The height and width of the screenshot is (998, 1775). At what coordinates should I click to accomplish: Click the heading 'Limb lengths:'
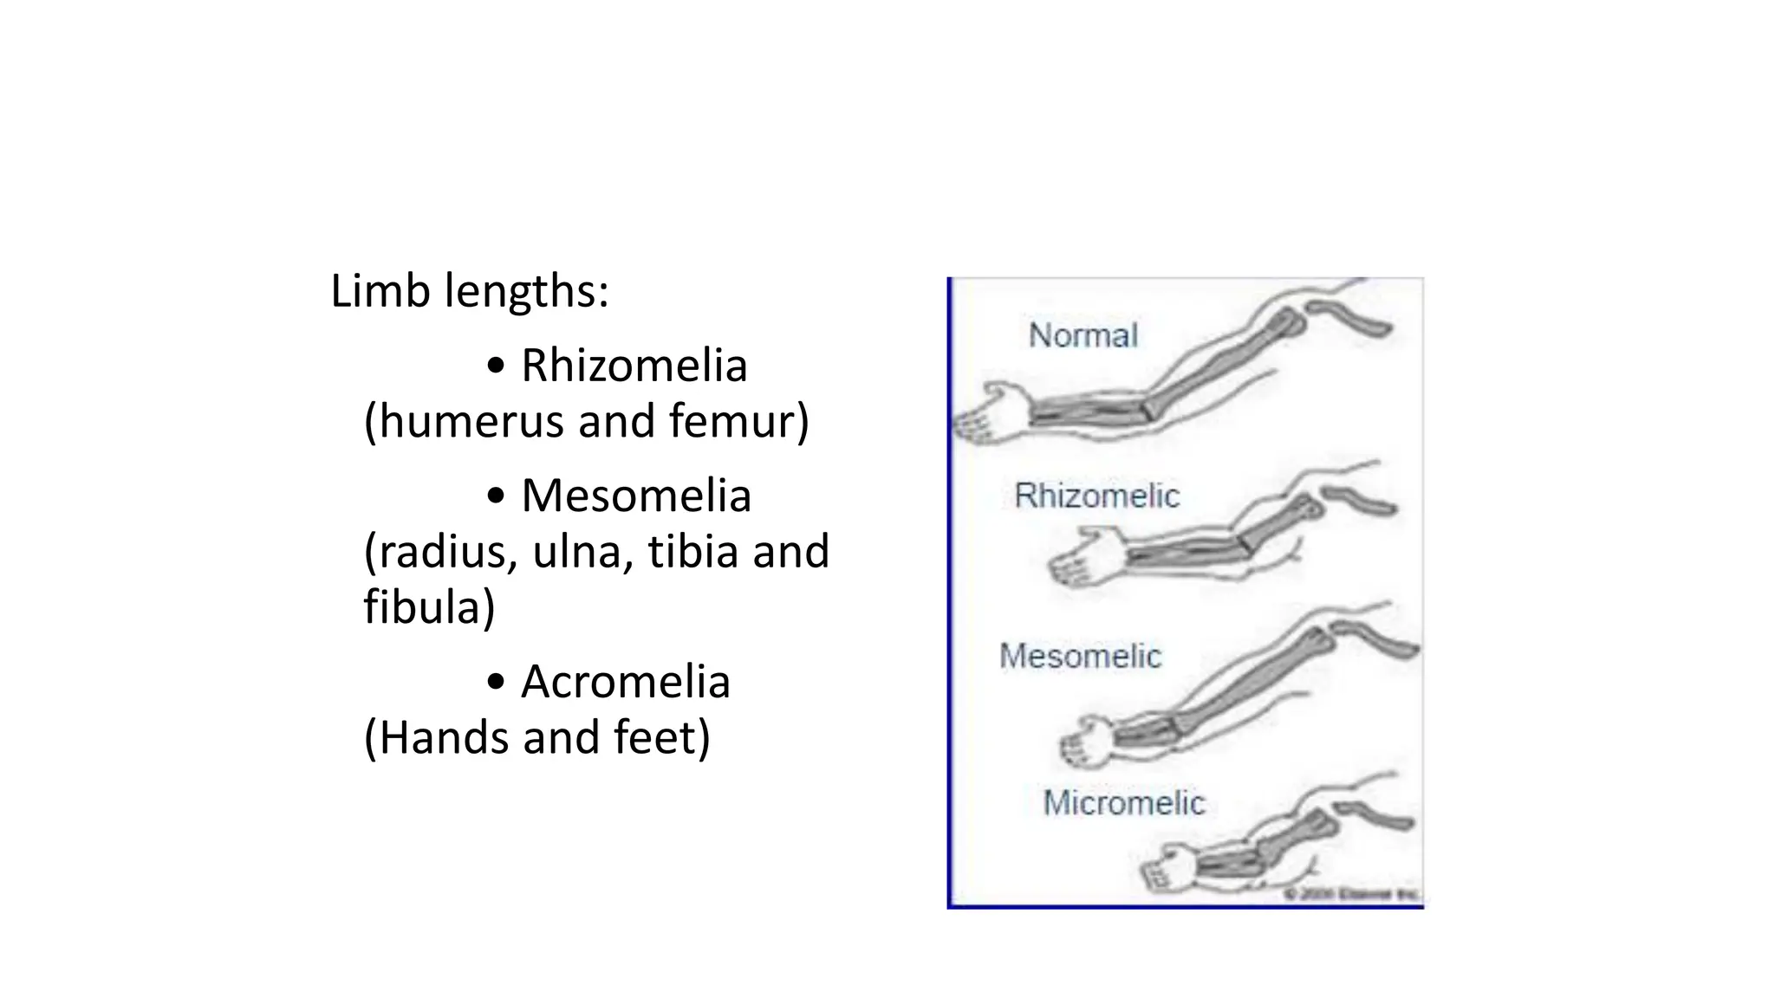tap(469, 291)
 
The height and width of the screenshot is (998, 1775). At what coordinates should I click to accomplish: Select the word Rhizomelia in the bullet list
tap(634, 366)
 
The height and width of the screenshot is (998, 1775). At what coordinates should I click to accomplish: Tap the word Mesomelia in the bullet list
tap(635, 496)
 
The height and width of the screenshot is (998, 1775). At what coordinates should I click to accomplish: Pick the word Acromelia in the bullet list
tap(625, 682)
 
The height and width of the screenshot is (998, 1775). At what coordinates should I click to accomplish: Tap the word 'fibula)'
tap(429, 606)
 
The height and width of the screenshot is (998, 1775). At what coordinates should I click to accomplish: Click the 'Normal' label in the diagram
tap(1083, 335)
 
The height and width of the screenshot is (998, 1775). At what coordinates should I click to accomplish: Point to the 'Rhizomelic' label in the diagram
tap(1096, 496)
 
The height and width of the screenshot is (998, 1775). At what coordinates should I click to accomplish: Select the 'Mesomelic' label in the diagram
tap(1080, 656)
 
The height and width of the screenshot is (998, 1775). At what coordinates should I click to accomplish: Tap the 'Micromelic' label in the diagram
tap(1123, 803)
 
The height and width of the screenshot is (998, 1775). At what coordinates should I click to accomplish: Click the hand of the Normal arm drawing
tap(988, 413)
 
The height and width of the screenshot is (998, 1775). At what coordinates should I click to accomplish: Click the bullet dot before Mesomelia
tap(495, 496)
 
